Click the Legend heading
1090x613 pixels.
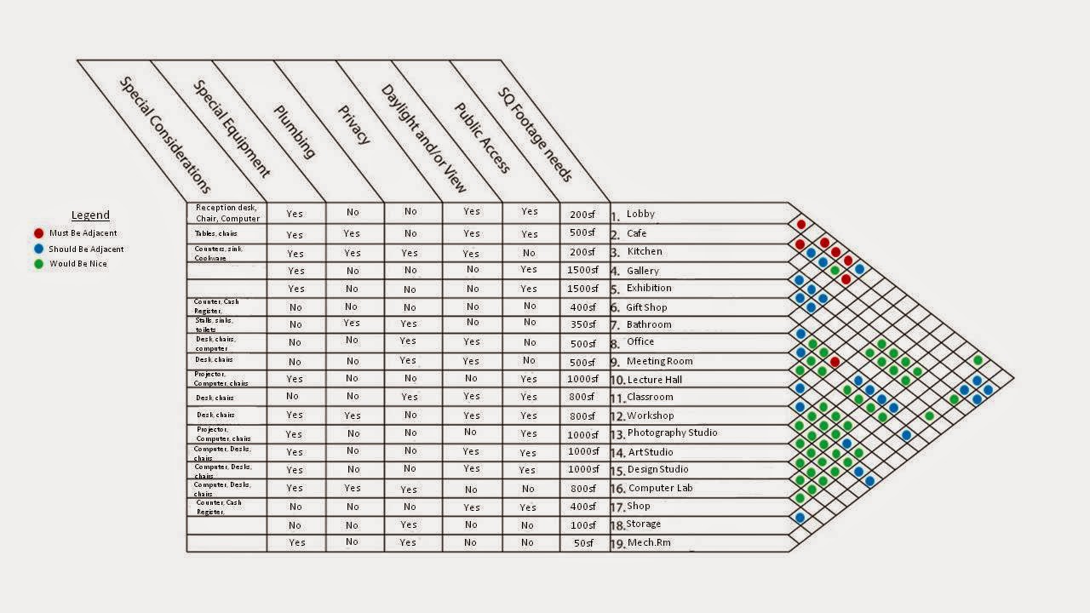click(90, 215)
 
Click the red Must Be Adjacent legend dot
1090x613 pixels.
click(38, 232)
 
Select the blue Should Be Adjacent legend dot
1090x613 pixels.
click(38, 249)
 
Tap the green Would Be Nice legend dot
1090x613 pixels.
click(38, 264)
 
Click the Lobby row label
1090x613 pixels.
click(640, 215)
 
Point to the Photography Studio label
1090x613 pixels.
click(671, 433)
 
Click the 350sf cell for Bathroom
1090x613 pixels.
click(584, 324)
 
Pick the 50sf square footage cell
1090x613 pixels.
click(584, 542)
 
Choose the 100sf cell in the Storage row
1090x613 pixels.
click(584, 524)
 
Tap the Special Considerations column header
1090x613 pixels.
click(163, 134)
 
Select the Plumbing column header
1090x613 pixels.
click(295, 132)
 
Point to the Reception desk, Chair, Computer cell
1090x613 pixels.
click(227, 213)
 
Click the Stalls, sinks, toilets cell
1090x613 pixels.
click(214, 324)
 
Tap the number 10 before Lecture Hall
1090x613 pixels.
click(617, 381)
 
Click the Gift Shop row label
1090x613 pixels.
click(646, 307)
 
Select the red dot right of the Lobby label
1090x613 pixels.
click(800, 225)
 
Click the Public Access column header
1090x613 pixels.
click(481, 138)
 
